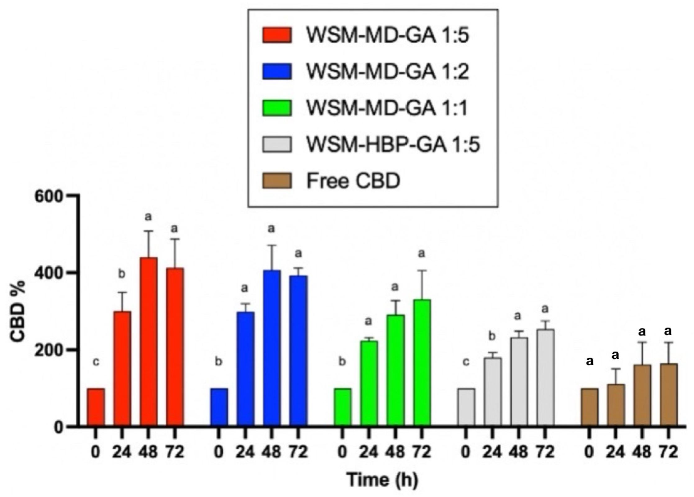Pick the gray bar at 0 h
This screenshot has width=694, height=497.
[466, 407]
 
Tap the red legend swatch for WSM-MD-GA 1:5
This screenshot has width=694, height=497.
[277, 35]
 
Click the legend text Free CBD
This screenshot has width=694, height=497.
[353, 181]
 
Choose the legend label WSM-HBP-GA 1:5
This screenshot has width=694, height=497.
[393, 145]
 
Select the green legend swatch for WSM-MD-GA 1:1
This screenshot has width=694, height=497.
[277, 108]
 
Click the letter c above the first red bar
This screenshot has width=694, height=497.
[96, 362]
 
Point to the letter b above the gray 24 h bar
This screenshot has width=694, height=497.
[492, 336]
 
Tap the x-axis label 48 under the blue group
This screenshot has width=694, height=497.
[272, 452]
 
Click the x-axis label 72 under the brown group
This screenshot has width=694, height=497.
[668, 452]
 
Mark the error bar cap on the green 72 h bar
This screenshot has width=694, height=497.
[422, 271]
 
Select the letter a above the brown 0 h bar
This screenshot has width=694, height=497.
[589, 361]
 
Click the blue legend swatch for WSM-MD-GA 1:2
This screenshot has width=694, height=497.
[277, 71]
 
